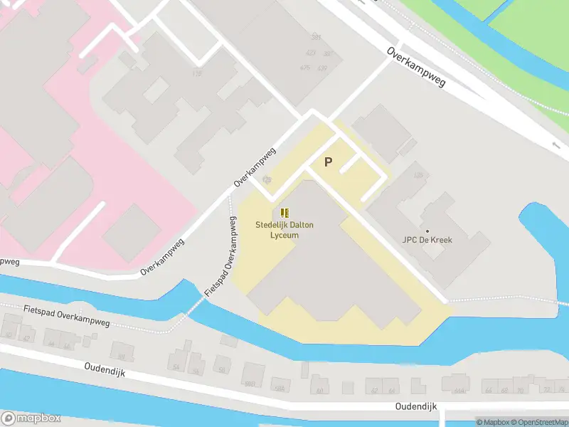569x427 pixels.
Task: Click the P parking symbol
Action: click(328, 162)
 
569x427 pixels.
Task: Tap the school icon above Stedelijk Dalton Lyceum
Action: click(284, 213)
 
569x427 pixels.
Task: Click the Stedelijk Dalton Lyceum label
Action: click(284, 230)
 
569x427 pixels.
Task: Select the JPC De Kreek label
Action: click(427, 240)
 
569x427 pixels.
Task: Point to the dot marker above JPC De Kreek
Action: click(427, 231)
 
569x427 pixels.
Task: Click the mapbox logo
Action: click(31, 418)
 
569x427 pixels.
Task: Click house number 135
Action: click(418, 175)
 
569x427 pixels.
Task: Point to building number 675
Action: click(305, 68)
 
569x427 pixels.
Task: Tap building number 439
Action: click(322, 68)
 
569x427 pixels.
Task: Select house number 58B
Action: click(279, 389)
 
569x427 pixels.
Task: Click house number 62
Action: click(375, 391)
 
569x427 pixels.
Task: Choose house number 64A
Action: click(459, 391)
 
